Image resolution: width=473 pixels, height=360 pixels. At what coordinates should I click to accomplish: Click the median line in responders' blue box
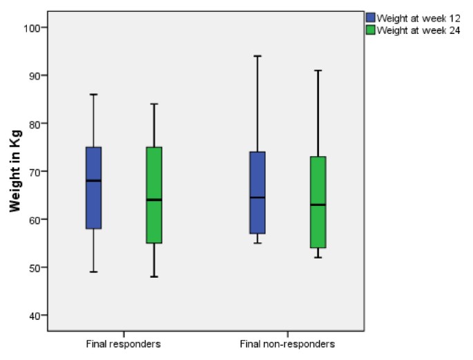pyautogui.click(x=93, y=180)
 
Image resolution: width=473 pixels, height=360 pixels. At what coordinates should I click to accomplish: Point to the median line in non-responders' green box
pyautogui.click(x=318, y=205)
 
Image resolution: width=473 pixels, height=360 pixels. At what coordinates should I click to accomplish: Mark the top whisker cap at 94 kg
pyautogui.click(x=257, y=56)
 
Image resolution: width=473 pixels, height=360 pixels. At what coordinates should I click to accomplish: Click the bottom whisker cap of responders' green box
pyautogui.click(x=153, y=276)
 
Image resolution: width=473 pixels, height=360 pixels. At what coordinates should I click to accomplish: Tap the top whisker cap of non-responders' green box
pyautogui.click(x=318, y=70)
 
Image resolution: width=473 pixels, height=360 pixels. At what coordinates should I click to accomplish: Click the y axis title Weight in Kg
pyautogui.click(x=15, y=171)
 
